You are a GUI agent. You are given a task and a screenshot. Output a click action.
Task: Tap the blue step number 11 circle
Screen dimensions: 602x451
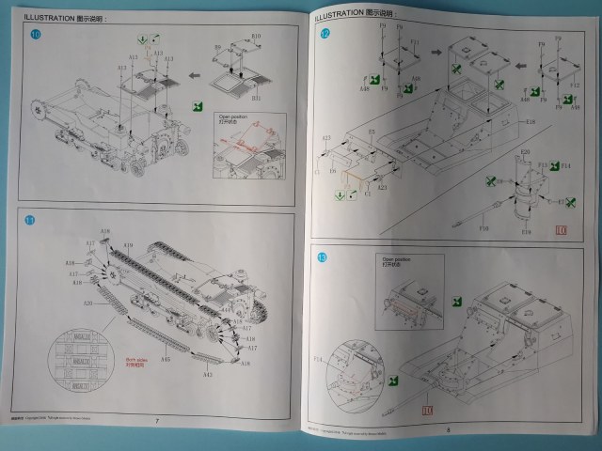point(30,221)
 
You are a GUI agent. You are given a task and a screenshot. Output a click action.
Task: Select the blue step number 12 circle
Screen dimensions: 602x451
point(325,35)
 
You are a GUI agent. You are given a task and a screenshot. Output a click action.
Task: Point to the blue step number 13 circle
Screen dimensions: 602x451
point(323,257)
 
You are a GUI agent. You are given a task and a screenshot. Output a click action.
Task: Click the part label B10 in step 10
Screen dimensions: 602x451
point(257,36)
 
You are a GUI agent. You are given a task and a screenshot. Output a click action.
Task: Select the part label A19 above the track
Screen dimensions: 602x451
point(105,231)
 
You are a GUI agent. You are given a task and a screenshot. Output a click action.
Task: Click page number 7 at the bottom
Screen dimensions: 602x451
point(156,421)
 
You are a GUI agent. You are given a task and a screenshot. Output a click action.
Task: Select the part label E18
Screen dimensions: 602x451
point(531,122)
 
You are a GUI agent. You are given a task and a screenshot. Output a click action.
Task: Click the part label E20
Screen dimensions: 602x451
point(525,151)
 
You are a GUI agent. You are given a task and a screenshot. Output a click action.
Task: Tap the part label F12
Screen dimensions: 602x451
point(575,86)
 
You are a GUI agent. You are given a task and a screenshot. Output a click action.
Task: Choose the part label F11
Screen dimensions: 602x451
point(415,42)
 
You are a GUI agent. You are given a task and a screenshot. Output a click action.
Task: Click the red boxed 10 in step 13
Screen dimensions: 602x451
point(428,409)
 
